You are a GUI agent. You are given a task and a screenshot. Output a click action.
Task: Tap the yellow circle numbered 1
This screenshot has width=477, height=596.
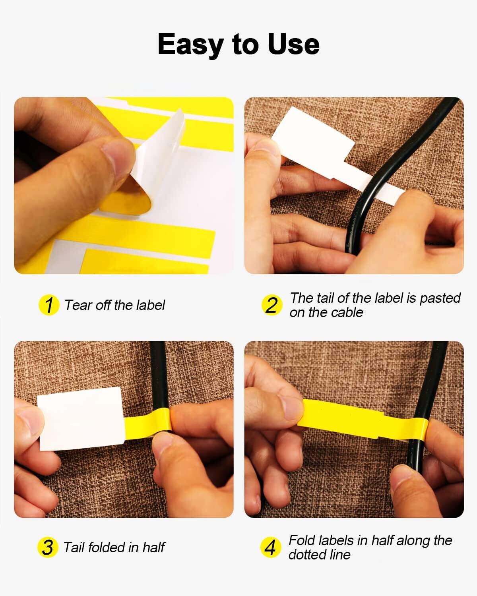49,305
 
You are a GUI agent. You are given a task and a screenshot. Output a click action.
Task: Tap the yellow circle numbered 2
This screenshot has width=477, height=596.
272,305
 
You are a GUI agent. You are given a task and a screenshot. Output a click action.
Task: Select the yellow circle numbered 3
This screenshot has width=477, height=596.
48,548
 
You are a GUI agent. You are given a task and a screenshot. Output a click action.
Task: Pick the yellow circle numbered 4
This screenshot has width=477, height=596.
271,548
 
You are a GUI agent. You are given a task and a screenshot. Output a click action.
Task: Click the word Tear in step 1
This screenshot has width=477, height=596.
78,305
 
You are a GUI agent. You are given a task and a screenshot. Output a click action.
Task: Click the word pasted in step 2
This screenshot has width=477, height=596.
440,298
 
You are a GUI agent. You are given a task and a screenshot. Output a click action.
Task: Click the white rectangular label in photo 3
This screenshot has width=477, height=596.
81,418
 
